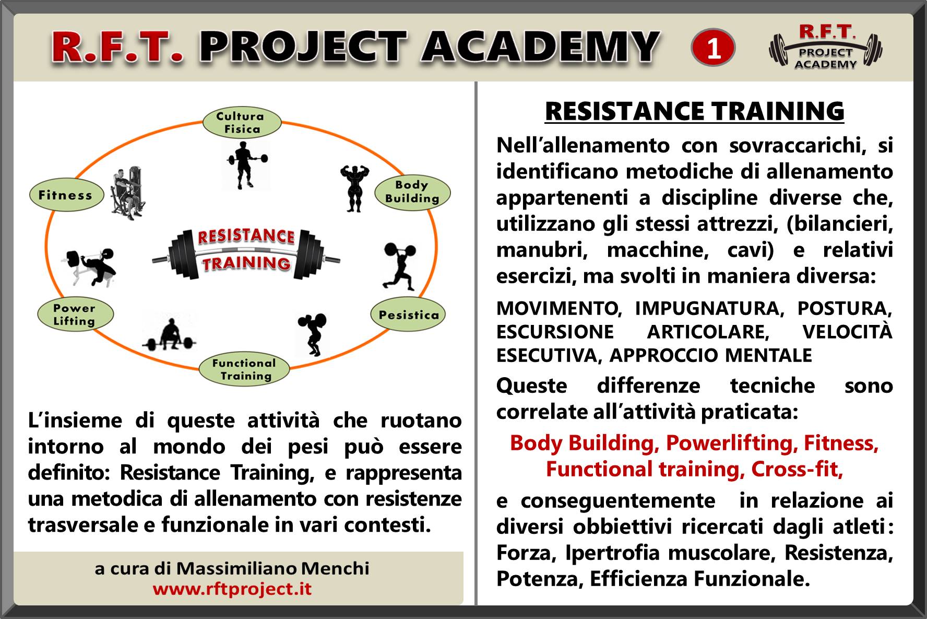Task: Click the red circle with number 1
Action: (713, 48)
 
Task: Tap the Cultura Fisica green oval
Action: (242, 123)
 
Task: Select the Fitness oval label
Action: (66, 195)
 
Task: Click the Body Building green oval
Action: (412, 192)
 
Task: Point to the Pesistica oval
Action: (408, 314)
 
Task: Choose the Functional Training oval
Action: (244, 369)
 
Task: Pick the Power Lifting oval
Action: (75, 314)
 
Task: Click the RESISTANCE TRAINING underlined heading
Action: (694, 111)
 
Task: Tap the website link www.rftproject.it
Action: (232, 589)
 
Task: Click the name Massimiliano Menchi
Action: (272, 568)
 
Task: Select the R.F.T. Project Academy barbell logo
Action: (826, 48)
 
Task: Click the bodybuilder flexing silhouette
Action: (354, 188)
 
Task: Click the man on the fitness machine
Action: (127, 193)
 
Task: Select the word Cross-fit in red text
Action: (797, 469)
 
